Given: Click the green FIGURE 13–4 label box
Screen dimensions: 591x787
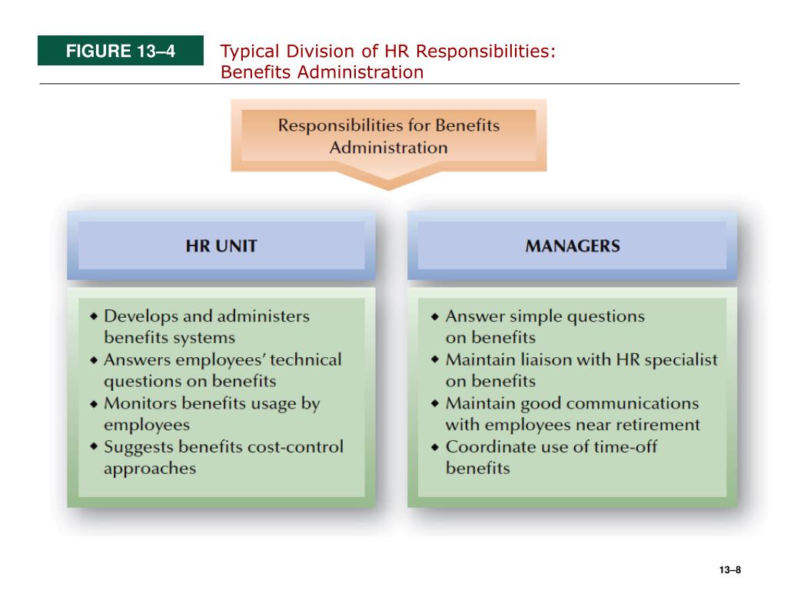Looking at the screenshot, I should click(121, 52).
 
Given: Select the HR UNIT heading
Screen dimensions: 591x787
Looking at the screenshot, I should click(221, 246).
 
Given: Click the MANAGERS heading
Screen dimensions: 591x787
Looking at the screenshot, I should click(573, 246).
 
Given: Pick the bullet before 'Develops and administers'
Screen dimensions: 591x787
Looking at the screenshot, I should click(94, 316).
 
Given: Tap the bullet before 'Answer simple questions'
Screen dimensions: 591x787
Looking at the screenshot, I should click(435, 316).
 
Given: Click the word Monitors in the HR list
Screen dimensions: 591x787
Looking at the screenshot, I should click(134, 403).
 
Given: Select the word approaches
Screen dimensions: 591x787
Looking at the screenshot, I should click(150, 469).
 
